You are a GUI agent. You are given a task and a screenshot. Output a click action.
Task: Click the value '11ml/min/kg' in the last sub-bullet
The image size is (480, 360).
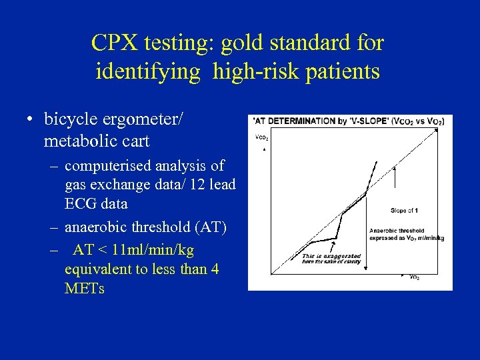point(153,250)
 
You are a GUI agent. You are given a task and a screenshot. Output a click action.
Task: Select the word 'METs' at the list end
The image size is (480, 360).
point(84,289)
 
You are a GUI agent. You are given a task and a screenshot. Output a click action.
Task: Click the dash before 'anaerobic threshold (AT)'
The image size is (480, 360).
point(53,227)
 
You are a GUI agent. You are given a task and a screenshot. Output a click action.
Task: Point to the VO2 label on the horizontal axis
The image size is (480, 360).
point(413,277)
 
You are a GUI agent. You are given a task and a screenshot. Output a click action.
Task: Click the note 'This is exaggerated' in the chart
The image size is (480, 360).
point(331,256)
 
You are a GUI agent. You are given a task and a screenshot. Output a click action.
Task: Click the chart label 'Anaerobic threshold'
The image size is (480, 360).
point(395,231)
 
